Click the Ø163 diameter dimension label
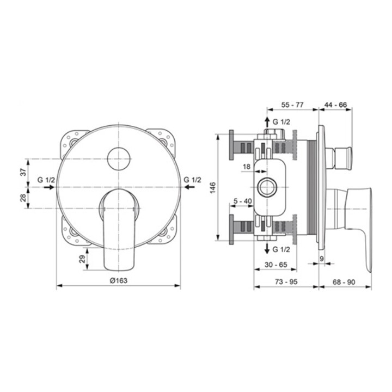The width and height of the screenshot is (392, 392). tap(119, 280)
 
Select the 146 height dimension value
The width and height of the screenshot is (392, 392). tap(213, 187)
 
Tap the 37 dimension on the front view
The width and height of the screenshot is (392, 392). tap(23, 172)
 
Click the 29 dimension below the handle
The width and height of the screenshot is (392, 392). tap(82, 259)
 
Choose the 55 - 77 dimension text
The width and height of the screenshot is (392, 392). tap(292, 105)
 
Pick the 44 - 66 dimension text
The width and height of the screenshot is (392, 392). tap(336, 105)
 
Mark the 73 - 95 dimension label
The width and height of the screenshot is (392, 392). tap(286, 282)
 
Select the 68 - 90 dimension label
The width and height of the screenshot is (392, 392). tap(344, 282)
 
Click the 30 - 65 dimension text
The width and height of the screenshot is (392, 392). tap(276, 265)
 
